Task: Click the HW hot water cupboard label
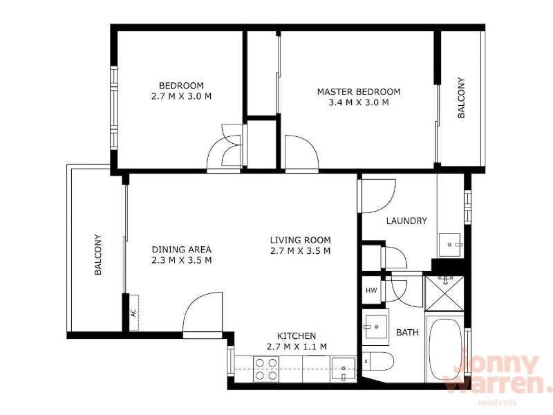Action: tap(371, 290)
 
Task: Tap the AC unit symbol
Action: tap(134, 313)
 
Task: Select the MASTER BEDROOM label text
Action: tap(359, 92)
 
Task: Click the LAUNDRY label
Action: tap(406, 221)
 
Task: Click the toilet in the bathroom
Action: tap(377, 361)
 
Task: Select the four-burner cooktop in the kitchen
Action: tap(266, 369)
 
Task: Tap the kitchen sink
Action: tap(343, 369)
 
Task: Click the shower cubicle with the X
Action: tap(444, 293)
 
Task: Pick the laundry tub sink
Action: tap(450, 245)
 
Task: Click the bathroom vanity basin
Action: tap(375, 326)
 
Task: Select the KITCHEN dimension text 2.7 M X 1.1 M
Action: tap(297, 347)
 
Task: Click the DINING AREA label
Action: tap(182, 250)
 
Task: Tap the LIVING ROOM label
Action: tap(301, 240)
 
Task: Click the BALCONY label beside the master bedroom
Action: tap(461, 98)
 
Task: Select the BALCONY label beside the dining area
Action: tap(98, 255)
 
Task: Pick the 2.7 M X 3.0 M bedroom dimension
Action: tap(181, 96)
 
